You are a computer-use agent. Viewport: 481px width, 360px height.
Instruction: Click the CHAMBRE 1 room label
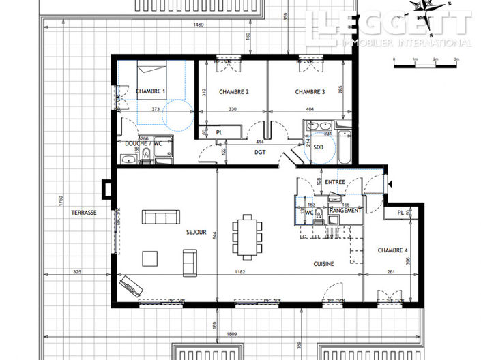coord(150,91)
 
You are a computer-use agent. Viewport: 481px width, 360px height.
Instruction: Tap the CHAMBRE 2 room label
coord(233,91)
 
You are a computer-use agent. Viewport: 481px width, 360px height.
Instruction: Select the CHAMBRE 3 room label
coord(310,91)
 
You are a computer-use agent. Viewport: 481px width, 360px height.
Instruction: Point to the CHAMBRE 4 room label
coord(392,250)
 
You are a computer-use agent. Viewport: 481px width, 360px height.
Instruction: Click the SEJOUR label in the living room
coord(196,232)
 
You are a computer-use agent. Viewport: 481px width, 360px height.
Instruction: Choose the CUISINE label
coord(323,264)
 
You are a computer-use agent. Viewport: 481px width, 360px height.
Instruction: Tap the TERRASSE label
coord(83,213)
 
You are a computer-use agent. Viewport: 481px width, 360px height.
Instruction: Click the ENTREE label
coord(334,182)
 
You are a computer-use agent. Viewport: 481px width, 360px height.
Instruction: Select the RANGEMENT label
coord(345,211)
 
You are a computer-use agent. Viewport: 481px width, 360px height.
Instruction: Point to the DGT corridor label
coord(260,152)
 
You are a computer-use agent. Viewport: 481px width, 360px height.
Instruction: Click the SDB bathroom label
coord(319,145)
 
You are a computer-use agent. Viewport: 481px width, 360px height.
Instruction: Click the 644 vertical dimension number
coord(213,236)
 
